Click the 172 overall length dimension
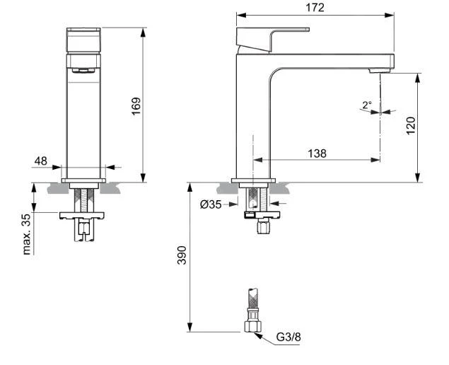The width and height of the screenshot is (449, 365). coord(315,8)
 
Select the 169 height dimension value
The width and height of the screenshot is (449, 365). coord(136,106)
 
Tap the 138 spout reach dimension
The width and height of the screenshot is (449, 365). coord(317,153)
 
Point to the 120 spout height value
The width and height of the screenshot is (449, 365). coord(411,125)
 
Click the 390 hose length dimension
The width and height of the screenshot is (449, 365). coord(182,255)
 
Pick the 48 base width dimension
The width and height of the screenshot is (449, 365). coord(41,161)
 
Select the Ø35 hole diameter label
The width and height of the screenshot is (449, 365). coord(211,204)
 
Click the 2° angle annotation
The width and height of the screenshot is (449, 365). coord(367,105)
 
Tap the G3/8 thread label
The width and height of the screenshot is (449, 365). coord(288,337)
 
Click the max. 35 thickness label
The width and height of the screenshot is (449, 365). coord(26,234)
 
